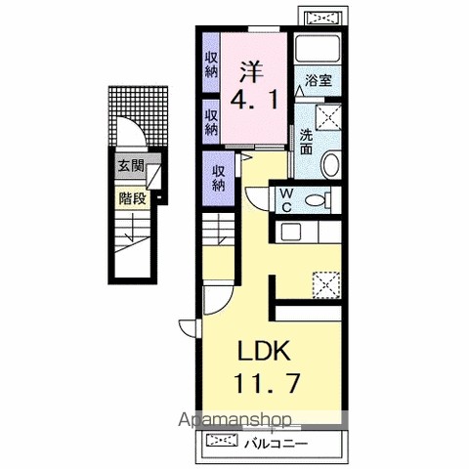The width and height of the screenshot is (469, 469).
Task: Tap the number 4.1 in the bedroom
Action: [254, 99]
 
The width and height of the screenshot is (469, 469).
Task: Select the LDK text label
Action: [264, 351]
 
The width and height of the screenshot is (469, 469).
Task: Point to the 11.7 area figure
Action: [267, 383]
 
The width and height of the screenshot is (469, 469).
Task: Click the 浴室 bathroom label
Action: [319, 80]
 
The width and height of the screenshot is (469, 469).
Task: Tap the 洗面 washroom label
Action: [306, 142]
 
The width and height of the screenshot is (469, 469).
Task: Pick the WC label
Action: [286, 200]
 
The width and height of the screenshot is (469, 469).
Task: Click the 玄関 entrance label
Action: [130, 166]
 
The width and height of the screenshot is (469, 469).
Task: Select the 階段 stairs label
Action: [132, 198]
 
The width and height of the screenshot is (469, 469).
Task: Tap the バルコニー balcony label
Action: [277, 444]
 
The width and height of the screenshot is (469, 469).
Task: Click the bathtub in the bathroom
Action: [318, 49]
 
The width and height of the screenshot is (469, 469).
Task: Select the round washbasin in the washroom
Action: [330, 165]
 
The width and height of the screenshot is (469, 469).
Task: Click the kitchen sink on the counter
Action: [291, 232]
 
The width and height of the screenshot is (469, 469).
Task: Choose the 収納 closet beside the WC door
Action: [219, 179]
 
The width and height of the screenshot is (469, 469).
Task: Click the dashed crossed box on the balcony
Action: [222, 441]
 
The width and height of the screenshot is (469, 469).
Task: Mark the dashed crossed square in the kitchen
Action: [326, 285]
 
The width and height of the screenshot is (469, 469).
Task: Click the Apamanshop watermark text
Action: [234, 420]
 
